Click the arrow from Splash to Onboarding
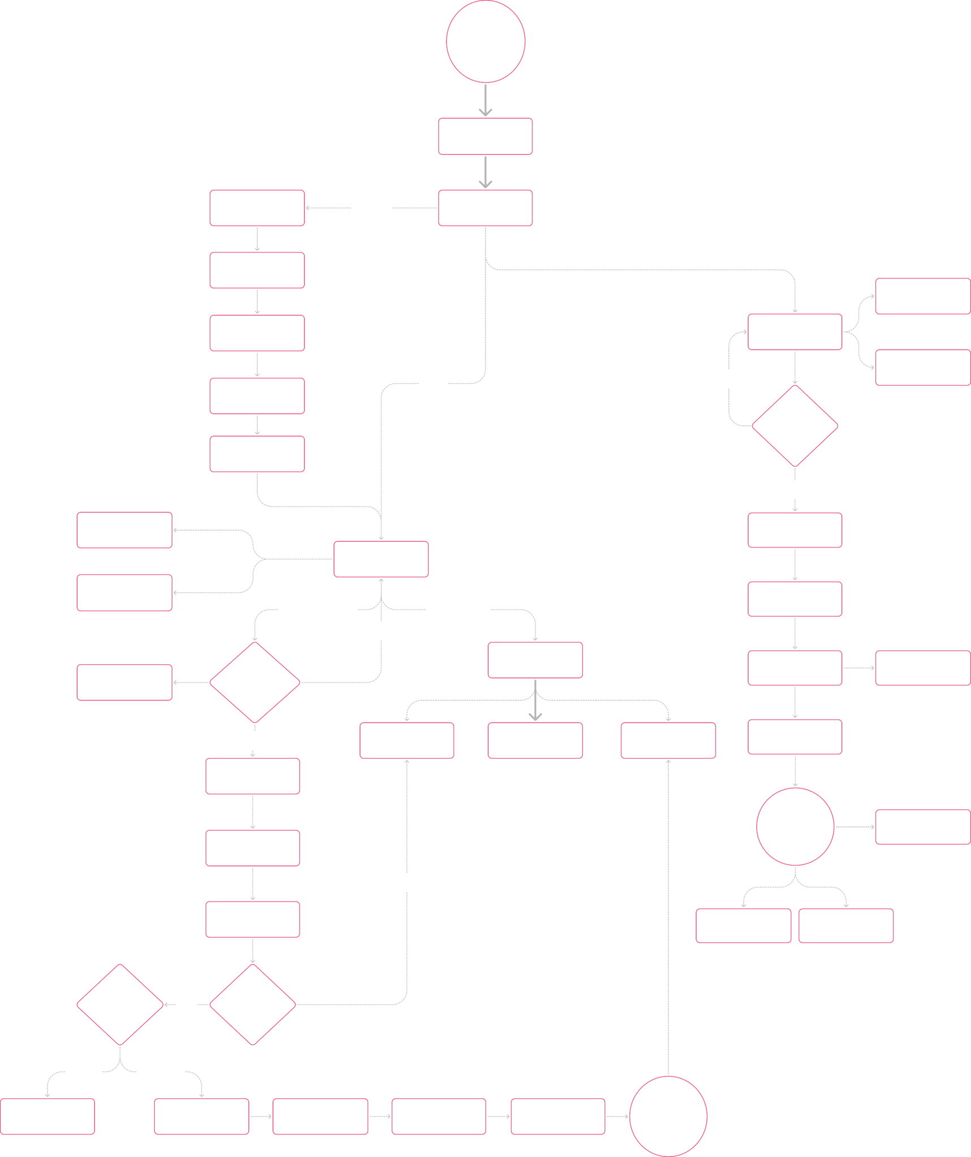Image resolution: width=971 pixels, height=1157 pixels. point(485,101)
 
